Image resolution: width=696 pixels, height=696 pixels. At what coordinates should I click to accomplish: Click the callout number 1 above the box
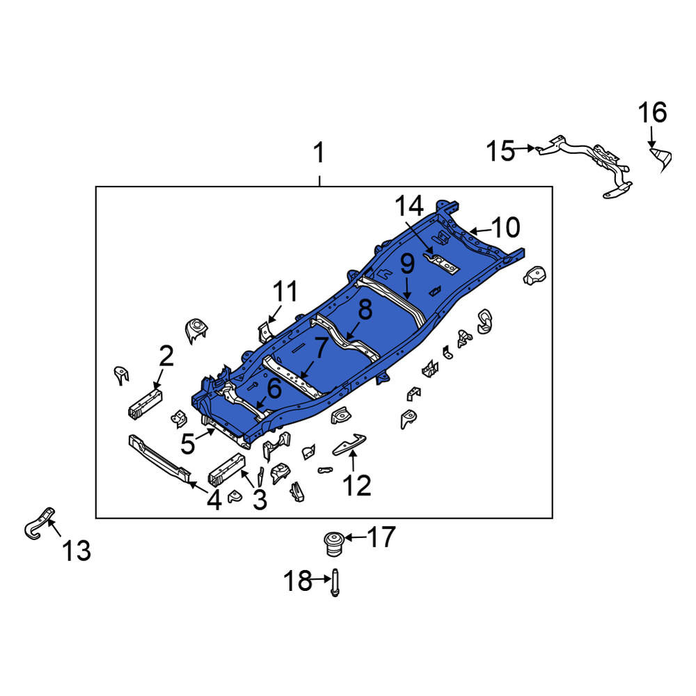point(319,152)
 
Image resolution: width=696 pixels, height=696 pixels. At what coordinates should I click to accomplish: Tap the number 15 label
point(500,151)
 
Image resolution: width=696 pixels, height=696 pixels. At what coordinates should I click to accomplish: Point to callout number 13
point(77,551)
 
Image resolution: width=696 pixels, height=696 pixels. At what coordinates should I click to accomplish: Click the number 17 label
point(381,537)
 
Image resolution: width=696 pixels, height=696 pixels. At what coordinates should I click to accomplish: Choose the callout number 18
point(298,580)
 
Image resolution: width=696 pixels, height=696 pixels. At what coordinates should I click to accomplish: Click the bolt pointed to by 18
point(335,583)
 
